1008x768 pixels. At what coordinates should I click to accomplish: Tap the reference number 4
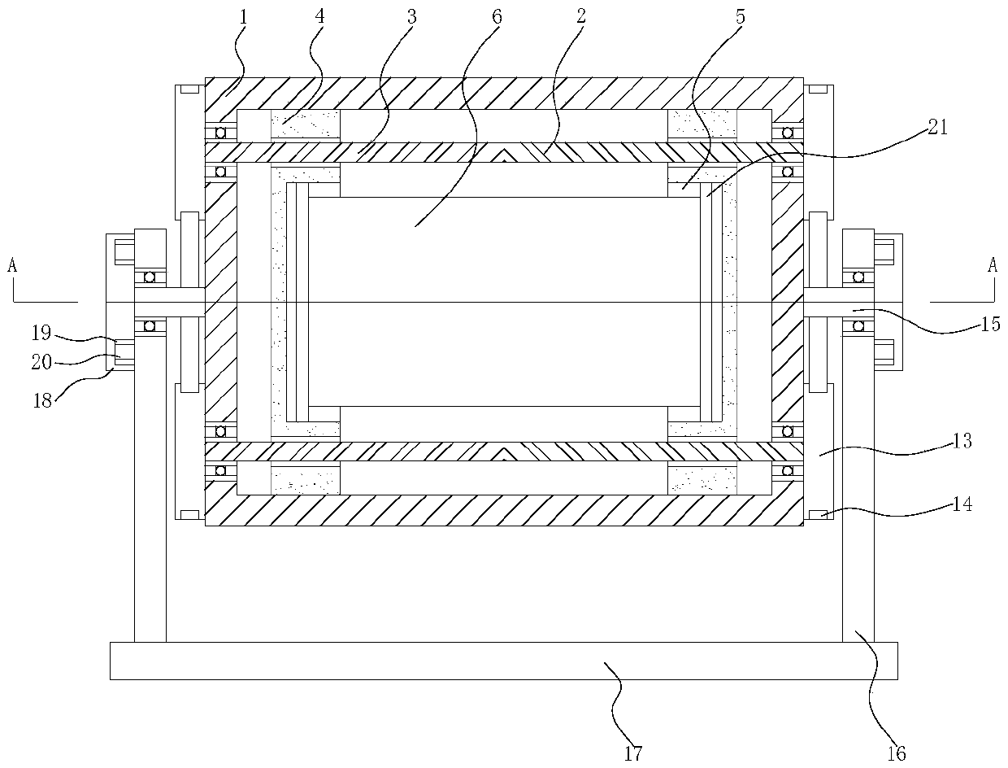320,16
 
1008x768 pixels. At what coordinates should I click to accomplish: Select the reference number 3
412,16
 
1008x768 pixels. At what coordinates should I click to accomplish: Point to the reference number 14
962,504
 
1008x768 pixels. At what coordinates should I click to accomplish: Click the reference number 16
897,753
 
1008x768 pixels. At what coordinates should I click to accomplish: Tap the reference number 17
634,753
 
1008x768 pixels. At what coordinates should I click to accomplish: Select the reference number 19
41,333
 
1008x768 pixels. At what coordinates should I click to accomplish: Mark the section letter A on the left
11,265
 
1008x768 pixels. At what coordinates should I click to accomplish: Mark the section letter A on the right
993,265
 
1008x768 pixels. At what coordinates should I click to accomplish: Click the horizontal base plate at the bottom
503,661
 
